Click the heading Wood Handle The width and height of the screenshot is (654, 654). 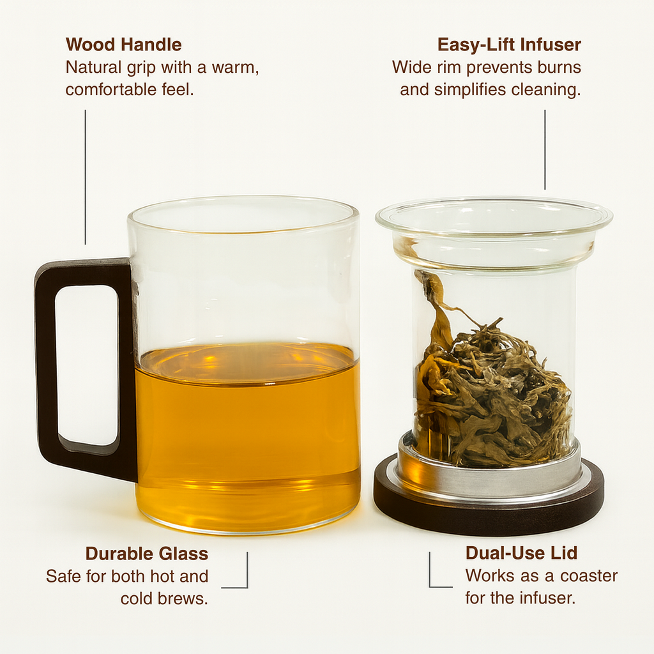123,45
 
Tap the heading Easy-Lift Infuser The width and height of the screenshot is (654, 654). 509,45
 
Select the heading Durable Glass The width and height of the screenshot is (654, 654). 147,554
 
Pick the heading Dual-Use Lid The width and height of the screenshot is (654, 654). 521,552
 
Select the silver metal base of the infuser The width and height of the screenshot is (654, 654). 489,475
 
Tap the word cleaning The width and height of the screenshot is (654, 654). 546,90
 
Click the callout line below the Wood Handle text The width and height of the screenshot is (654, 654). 86,177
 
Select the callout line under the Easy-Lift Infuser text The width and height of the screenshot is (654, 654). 545,149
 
